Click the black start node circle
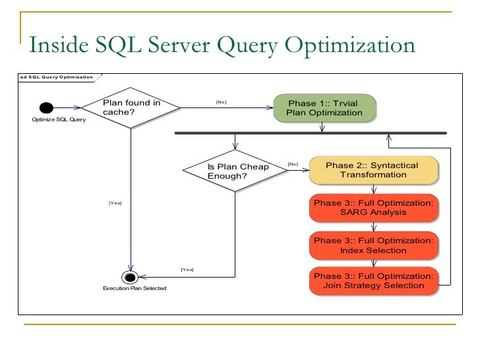tap(45, 108)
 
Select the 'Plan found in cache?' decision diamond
tap(131, 107)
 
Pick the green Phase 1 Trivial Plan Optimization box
tap(324, 108)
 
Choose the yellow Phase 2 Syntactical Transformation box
tap(373, 170)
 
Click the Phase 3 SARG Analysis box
tap(373, 208)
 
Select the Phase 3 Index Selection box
tap(373, 245)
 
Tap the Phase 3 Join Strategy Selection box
tap(373, 281)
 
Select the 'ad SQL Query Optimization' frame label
tap(56, 77)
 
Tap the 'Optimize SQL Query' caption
tap(59, 119)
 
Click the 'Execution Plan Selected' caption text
tap(134, 289)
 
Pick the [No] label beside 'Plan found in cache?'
tap(222, 102)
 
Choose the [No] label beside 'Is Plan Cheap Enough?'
tap(293, 164)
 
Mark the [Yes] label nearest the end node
tap(187, 270)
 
